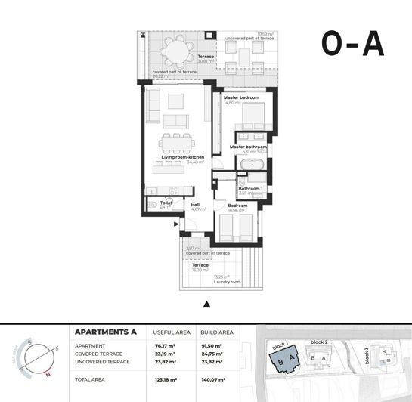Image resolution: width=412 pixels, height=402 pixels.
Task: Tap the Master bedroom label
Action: coord(241,97)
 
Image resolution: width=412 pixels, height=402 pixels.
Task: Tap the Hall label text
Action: coord(195,204)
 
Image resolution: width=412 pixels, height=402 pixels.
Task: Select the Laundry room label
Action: coord(227,282)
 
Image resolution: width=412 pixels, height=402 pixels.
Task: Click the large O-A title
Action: coord(352,44)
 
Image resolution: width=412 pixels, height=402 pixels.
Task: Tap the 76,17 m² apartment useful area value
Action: coord(165,345)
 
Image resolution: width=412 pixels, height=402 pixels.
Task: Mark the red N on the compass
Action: coord(48,373)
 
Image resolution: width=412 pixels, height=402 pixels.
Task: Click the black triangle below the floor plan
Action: coord(206,305)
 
